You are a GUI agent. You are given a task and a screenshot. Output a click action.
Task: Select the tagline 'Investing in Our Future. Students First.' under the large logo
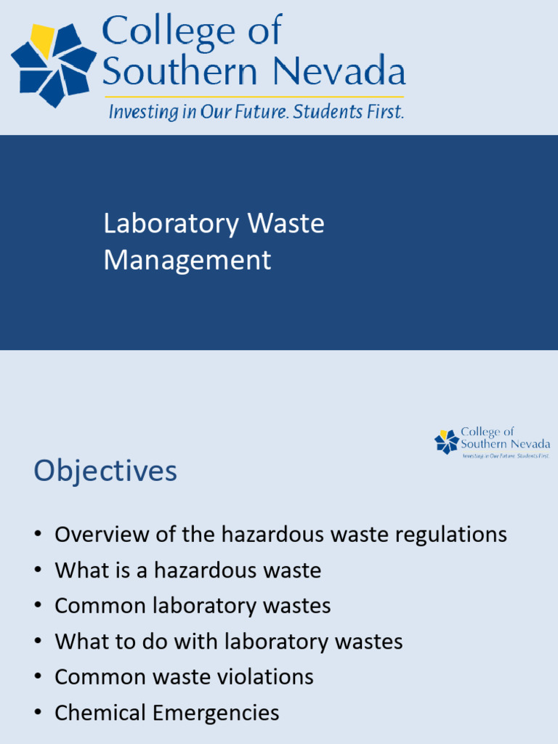coord(256,113)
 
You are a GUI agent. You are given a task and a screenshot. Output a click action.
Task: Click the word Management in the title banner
coord(187,260)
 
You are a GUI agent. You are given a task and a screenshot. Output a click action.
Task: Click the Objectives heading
coord(105,471)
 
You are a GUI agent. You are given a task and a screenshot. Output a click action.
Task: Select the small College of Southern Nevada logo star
coord(446,442)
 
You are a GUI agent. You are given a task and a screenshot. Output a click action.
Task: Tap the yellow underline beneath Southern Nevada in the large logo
coord(254,97)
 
